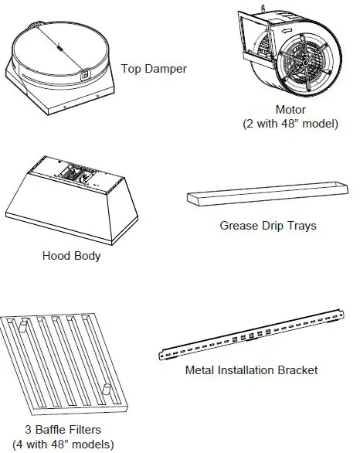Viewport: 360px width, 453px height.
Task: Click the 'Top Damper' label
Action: click(x=154, y=69)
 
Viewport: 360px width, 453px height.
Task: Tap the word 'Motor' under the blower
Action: click(x=290, y=110)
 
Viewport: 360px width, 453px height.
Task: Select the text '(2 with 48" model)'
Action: click(x=290, y=124)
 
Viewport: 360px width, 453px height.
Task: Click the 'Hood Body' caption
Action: click(x=71, y=256)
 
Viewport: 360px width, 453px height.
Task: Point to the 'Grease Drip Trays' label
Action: click(x=268, y=226)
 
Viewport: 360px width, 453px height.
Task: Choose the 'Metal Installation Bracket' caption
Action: click(x=251, y=370)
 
